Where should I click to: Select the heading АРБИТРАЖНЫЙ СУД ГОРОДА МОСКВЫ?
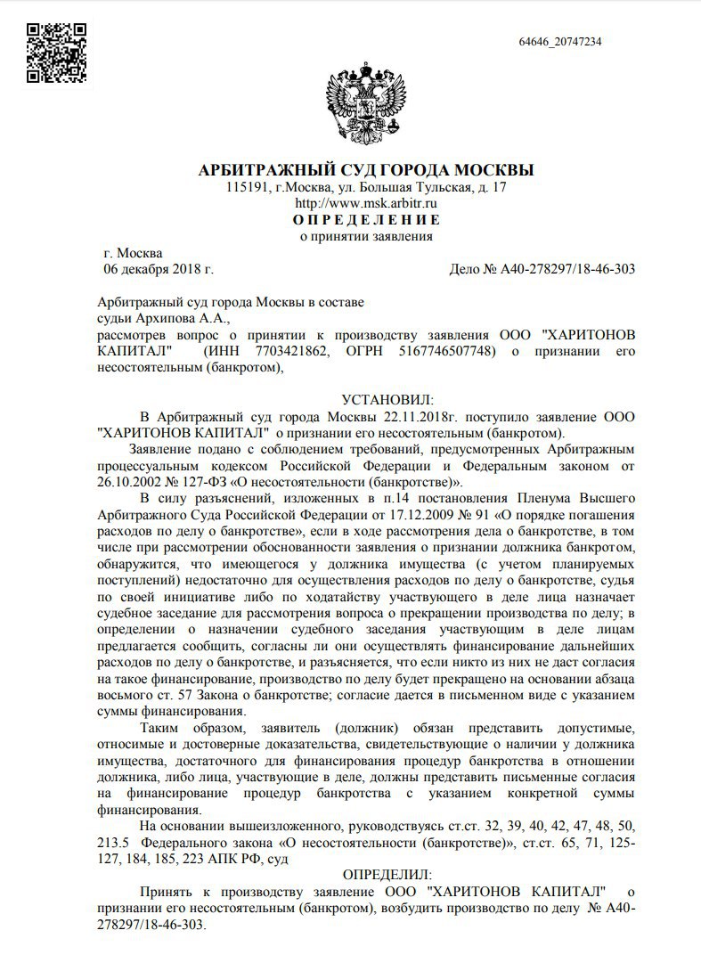(x=365, y=170)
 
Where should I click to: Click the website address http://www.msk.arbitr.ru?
(x=365, y=204)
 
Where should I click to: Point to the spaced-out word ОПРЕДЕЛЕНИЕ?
(x=365, y=220)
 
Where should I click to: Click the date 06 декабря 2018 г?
(x=159, y=268)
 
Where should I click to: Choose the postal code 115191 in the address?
(x=247, y=188)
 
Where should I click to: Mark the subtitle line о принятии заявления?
(x=365, y=237)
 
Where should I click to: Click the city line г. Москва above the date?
(x=133, y=252)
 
